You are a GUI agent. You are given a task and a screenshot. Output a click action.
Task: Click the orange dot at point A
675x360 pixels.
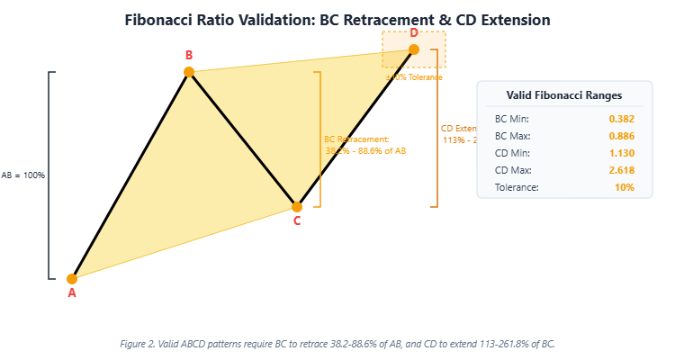point(72,278)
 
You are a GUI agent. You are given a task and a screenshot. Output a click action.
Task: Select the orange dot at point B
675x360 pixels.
point(189,72)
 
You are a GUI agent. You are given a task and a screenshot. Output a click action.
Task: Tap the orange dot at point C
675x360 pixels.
point(297,206)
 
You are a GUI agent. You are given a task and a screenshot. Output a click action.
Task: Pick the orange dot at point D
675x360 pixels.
point(414,49)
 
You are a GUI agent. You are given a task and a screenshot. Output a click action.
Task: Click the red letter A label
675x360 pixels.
point(72,292)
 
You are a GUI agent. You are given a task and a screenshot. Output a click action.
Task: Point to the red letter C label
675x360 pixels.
point(297,220)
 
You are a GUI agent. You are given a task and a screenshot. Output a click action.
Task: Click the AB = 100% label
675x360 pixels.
point(23,175)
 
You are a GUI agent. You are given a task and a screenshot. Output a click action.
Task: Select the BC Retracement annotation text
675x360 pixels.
point(357,139)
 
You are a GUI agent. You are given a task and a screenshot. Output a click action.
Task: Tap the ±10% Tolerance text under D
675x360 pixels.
point(414,77)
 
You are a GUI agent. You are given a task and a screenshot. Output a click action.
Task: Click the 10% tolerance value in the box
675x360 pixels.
point(625,187)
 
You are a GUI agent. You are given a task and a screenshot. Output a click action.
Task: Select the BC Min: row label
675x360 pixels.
point(512,119)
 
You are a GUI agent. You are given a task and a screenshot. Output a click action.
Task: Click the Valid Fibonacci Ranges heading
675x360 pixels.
point(564,94)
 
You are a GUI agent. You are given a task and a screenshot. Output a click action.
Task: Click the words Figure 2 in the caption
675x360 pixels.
point(138,344)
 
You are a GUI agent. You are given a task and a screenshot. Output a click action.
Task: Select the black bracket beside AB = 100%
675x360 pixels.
point(49,175)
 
